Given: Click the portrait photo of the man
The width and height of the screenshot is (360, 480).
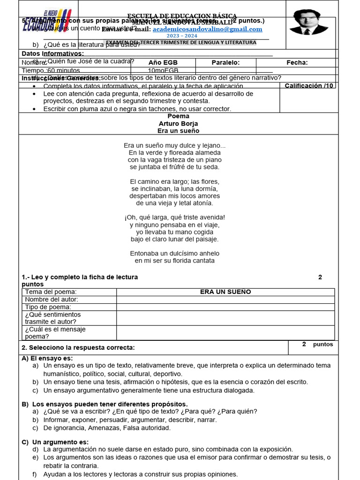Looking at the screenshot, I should click(x=308, y=22).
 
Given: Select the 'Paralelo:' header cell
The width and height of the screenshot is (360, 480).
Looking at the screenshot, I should click(x=225, y=63).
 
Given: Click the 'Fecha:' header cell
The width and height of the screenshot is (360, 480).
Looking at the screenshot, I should click(x=297, y=63).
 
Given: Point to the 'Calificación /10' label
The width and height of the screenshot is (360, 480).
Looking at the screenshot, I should click(x=309, y=86).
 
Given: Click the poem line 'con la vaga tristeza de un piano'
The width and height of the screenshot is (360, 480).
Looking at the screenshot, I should click(x=174, y=160).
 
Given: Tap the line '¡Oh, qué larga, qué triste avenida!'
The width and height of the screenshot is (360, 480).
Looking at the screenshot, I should click(x=174, y=217).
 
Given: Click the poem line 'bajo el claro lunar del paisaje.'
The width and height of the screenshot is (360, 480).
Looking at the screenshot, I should click(x=174, y=239).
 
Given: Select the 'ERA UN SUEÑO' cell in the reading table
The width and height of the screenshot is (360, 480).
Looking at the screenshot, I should click(x=225, y=292).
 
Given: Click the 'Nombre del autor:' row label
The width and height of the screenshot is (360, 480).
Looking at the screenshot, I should click(x=52, y=300).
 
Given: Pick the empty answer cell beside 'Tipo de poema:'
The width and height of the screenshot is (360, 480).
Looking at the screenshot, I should click(x=225, y=307).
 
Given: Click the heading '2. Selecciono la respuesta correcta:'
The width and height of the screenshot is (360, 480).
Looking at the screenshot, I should click(x=78, y=347).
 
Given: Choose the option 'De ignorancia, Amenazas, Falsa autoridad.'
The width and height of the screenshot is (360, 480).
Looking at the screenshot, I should click(x=107, y=428).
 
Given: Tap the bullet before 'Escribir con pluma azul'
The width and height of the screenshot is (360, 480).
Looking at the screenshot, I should click(x=35, y=109).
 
